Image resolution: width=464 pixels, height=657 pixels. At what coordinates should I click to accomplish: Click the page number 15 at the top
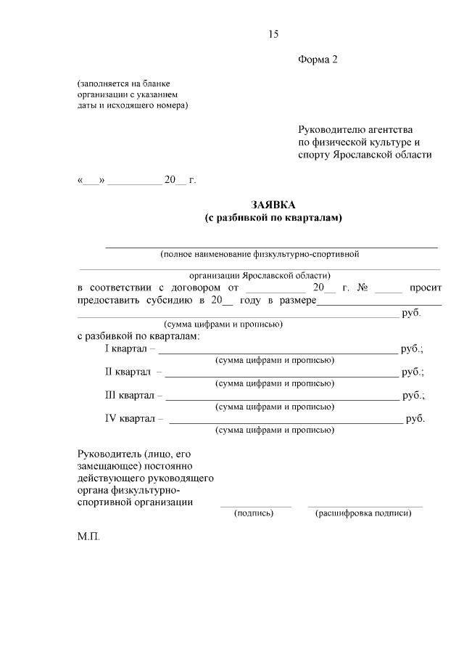pos(273,34)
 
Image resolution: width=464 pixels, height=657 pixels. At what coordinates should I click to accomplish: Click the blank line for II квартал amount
pos(281,375)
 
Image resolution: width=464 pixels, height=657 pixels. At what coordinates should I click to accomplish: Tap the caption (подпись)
pos(254,513)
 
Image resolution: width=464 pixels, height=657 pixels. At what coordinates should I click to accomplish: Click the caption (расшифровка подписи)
pos(364,513)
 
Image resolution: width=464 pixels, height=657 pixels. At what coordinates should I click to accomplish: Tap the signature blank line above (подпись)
pos(255,506)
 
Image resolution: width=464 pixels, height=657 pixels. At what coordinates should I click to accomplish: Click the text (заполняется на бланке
pos(123,84)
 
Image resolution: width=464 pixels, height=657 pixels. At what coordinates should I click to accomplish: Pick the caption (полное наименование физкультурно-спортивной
pos(260,254)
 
